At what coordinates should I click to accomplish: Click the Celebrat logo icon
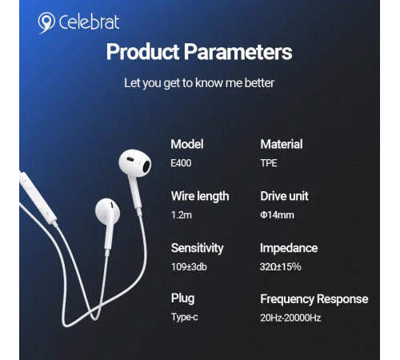(x=46, y=22)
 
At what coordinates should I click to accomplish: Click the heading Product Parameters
(x=199, y=53)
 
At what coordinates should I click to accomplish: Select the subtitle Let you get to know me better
(x=199, y=82)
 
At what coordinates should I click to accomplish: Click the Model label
(x=187, y=144)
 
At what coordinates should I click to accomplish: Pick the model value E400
(x=181, y=163)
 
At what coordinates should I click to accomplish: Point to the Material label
(x=282, y=144)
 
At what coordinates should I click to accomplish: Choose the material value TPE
(x=269, y=163)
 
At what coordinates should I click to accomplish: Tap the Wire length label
(x=200, y=196)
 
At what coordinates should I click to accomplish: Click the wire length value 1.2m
(x=180, y=215)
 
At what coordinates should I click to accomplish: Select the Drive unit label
(x=284, y=196)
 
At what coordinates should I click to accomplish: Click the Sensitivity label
(x=198, y=248)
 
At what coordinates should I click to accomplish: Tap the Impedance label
(x=289, y=248)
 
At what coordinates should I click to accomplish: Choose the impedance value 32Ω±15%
(x=281, y=266)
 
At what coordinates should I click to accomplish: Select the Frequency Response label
(x=314, y=299)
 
